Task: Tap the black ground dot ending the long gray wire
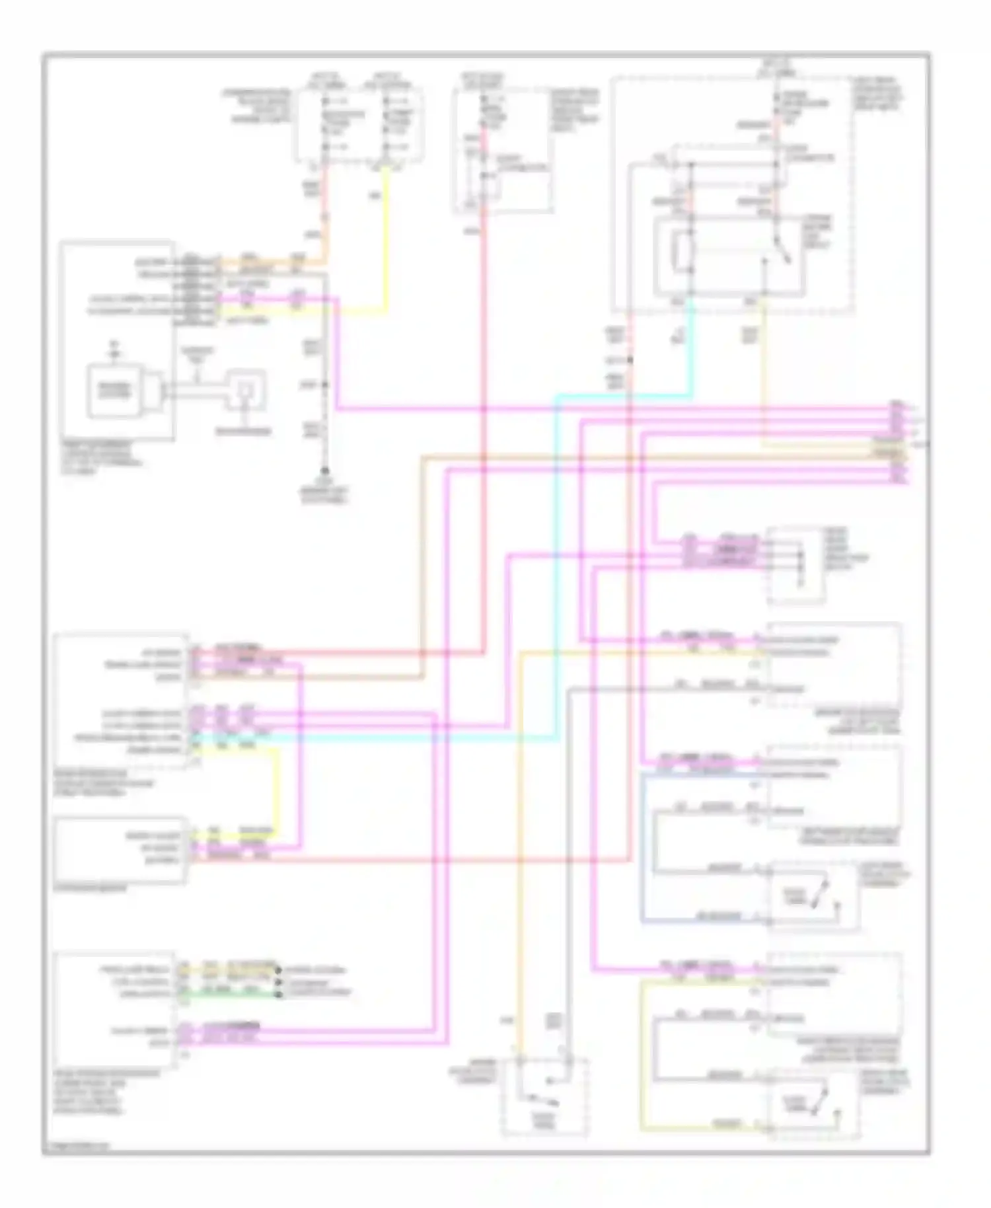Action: point(324,471)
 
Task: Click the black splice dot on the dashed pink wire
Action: point(630,360)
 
